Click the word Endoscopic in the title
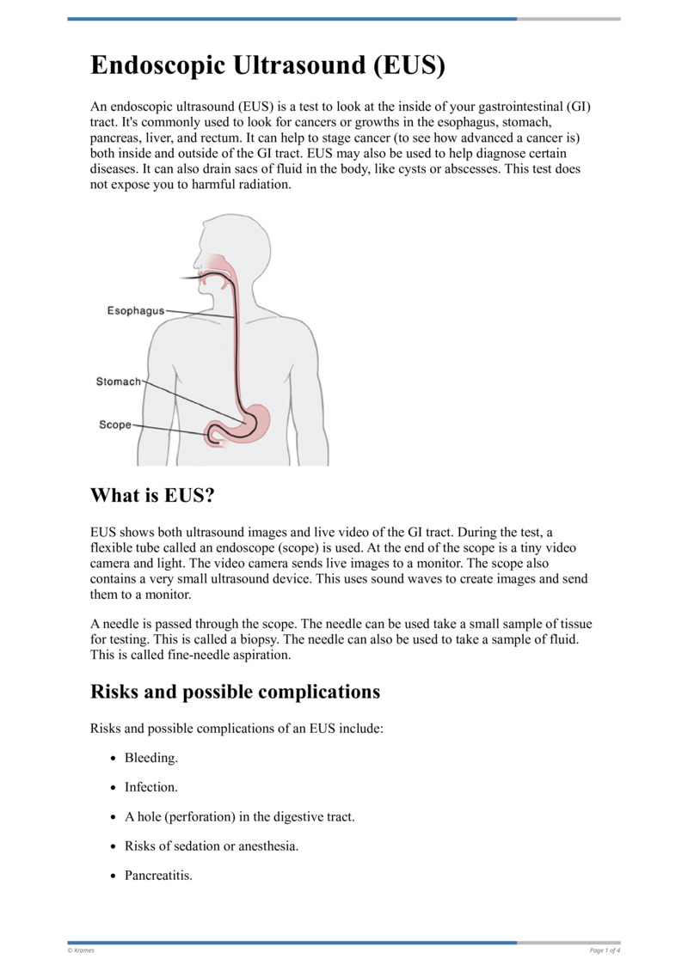tap(157, 65)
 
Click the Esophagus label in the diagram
tap(136, 311)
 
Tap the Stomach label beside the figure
tap(119, 382)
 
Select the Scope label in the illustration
tap(115, 424)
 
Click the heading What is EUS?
tap(152, 496)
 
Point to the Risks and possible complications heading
tap(235, 692)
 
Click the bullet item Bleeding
tap(151, 758)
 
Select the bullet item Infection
tap(151, 787)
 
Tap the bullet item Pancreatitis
tap(158, 876)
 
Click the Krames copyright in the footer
tap(81, 950)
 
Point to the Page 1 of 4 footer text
tap(605, 950)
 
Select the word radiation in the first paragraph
tap(265, 185)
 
